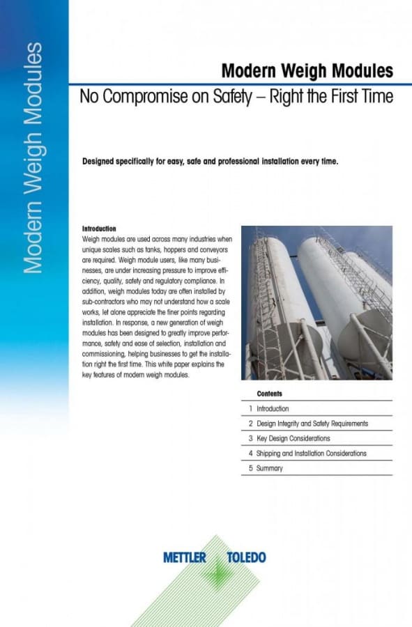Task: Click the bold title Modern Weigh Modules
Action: click(307, 71)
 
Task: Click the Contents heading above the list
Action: click(269, 394)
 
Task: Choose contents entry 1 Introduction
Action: click(273, 409)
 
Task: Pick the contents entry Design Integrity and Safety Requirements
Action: click(312, 424)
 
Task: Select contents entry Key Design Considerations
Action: click(293, 439)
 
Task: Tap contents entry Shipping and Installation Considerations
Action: click(311, 454)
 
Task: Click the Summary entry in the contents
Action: click(270, 469)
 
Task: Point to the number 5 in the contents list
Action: click(250, 469)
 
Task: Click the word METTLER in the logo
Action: click(185, 557)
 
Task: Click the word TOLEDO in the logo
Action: click(247, 557)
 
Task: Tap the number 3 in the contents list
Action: click(250, 439)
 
